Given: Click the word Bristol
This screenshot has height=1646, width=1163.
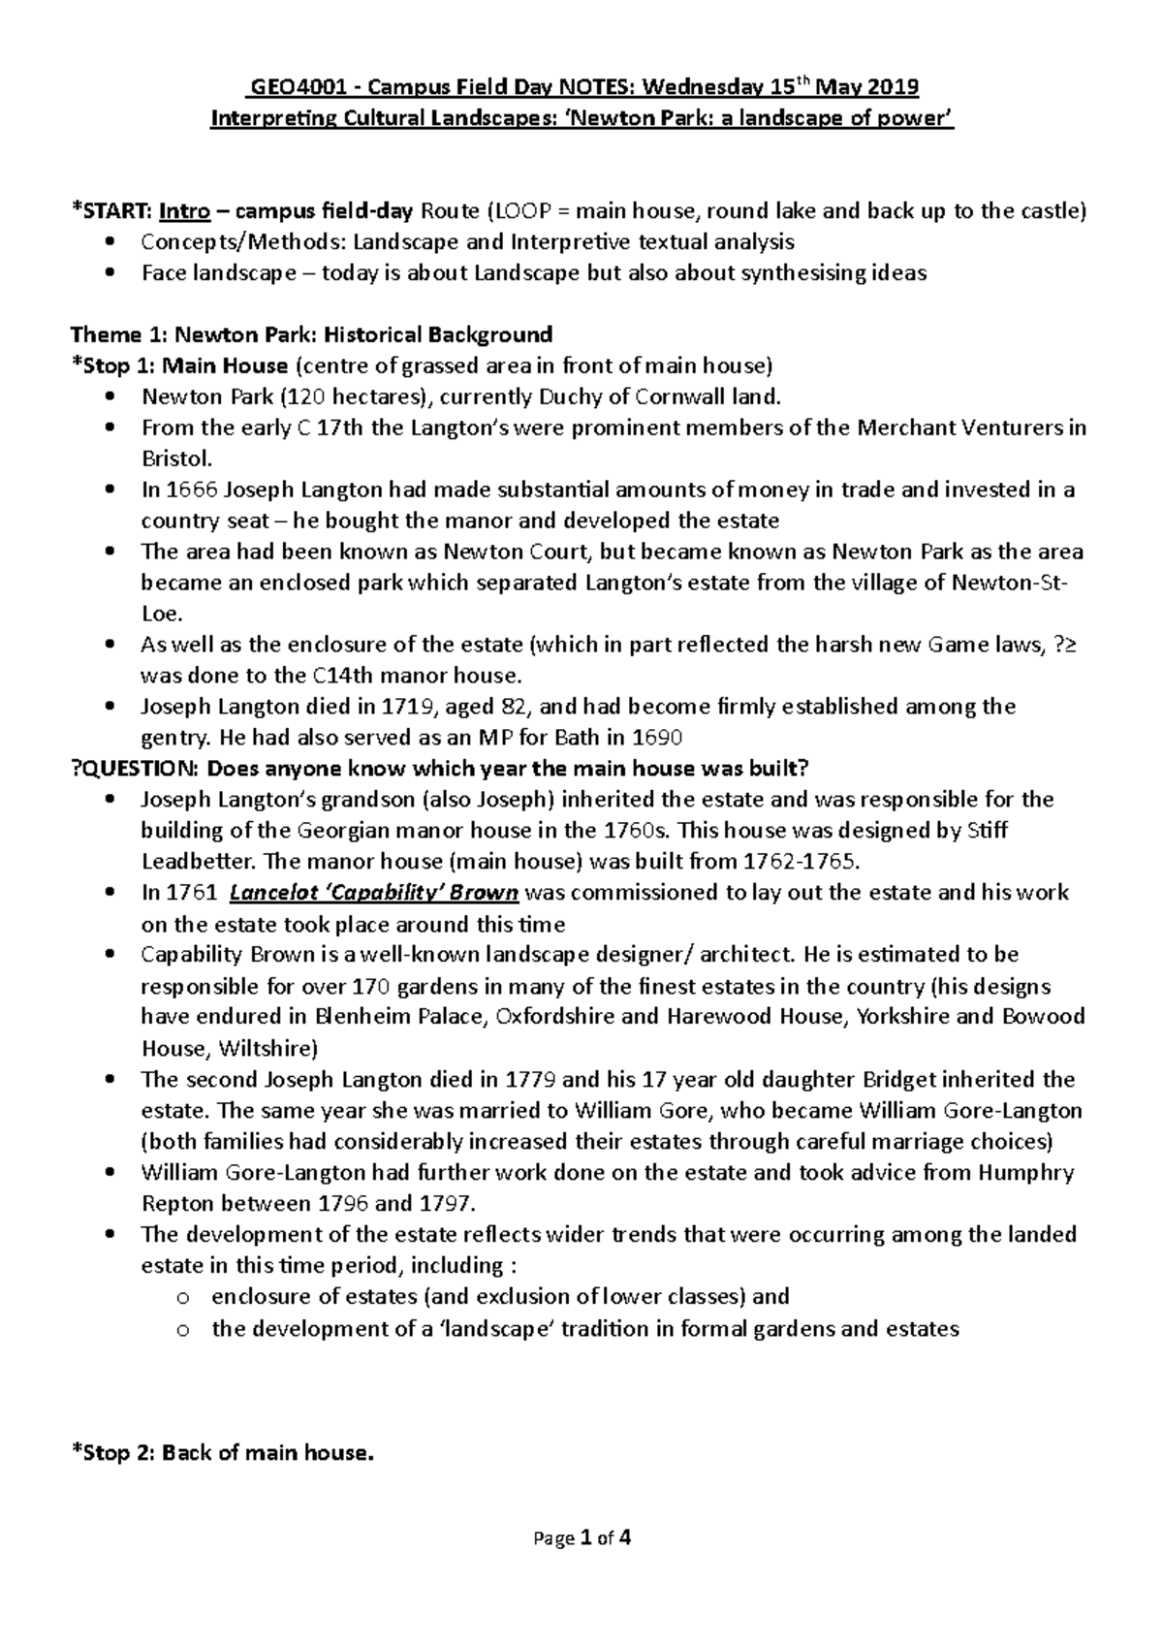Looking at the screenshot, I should [175, 459].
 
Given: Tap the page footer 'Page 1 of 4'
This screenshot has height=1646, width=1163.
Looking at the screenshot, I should [581, 1537].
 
